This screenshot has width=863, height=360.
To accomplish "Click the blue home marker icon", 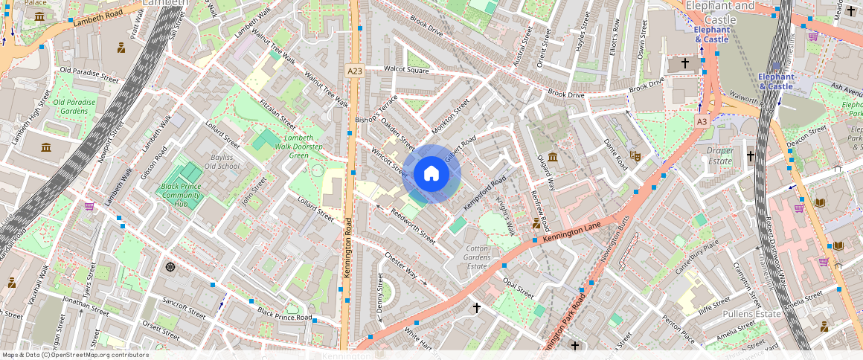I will tap(431, 174).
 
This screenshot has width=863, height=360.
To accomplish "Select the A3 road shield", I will tap(702, 120).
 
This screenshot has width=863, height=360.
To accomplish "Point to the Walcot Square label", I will tap(406, 70).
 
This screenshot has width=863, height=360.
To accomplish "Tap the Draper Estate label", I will tap(719, 155).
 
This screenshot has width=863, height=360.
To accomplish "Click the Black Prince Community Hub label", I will tap(182, 195).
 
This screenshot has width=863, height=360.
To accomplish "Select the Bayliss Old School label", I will tap(222, 161).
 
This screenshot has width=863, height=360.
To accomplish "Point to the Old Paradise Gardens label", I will tap(74, 106).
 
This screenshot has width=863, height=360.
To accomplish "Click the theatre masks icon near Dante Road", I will tap(635, 155).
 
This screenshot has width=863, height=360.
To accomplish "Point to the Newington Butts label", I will tap(615, 245).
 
